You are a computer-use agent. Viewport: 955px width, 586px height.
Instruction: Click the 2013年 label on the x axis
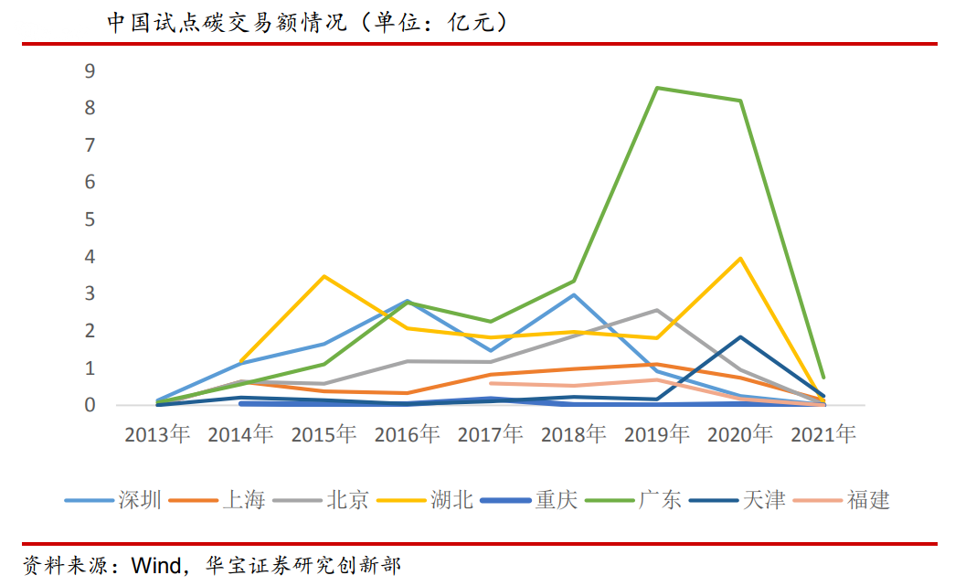pos(157,435)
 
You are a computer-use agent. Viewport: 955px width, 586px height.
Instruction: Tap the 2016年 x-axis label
pos(407,435)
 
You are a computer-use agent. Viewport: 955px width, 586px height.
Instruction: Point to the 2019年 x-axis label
pos(656,435)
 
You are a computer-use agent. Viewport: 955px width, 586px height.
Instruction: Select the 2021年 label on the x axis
pos(823,435)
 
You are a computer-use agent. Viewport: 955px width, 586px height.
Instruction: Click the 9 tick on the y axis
pos(90,70)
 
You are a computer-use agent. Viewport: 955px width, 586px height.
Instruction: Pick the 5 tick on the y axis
pos(90,219)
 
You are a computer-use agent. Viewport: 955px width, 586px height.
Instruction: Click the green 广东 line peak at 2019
pos(657,88)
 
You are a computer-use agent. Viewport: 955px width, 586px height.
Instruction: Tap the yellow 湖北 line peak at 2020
pos(740,258)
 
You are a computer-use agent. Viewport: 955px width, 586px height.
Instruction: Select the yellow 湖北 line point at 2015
pos(324,276)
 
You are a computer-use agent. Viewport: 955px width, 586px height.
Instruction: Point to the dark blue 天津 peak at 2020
pos(740,337)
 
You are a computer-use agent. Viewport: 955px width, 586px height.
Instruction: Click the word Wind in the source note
pos(156,564)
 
